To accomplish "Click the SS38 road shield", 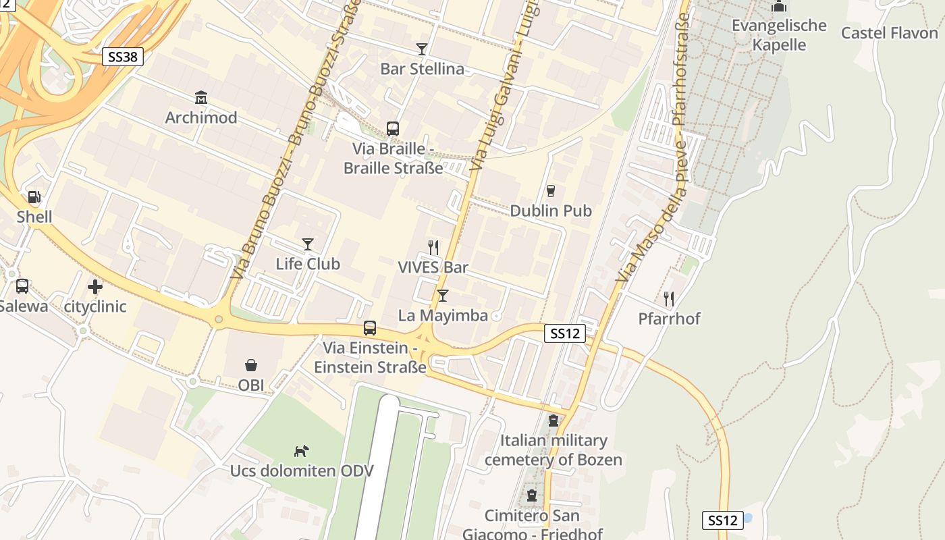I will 123,57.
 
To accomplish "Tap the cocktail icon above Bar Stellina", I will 422,49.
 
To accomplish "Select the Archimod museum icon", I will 200,98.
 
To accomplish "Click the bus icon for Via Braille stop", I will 392,128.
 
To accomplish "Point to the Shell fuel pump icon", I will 34,197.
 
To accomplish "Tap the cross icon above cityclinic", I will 95,287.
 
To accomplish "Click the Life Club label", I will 308,264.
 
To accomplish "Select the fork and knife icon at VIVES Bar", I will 433,248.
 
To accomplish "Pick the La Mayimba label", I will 443,315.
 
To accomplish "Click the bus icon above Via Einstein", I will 370,328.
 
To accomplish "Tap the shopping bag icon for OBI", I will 251,366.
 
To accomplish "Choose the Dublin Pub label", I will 551,211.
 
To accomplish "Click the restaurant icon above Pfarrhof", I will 669,298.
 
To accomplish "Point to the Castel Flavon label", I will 890,33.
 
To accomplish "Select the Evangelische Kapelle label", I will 779,35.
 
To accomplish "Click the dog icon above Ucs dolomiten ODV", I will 301,450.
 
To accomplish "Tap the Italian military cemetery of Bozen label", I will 553,450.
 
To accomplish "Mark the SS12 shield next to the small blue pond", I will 722,520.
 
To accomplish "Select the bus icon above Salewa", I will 22,286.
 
